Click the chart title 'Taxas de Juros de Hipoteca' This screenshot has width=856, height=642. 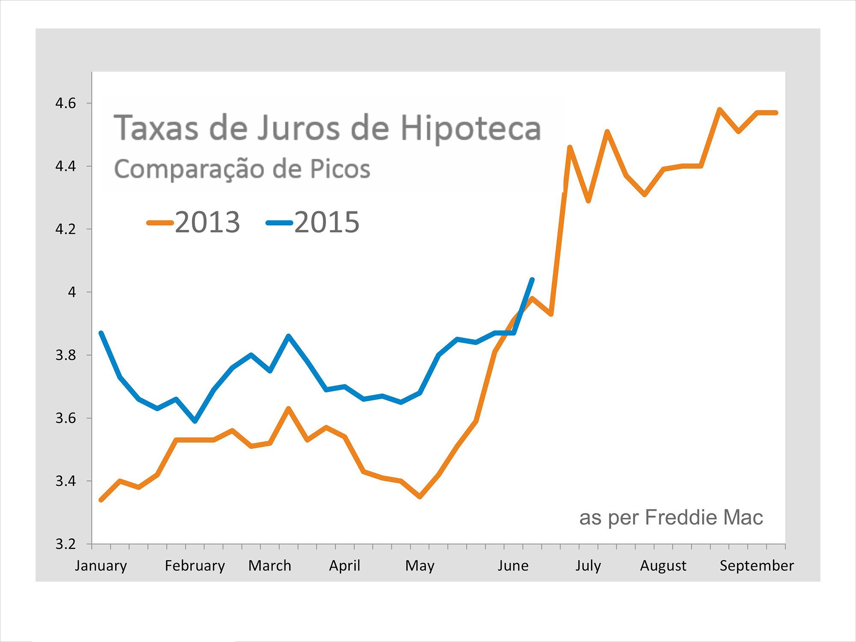(x=327, y=128)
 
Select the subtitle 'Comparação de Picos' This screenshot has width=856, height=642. (x=242, y=169)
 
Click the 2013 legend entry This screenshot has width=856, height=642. (x=193, y=223)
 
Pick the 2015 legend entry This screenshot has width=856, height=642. (x=313, y=223)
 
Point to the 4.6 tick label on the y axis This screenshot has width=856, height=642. (x=65, y=103)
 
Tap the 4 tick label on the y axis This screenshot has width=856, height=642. (x=71, y=292)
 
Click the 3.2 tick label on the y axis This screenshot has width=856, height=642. (x=65, y=544)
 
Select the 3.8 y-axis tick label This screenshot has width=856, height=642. (x=65, y=355)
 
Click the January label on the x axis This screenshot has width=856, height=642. (x=101, y=566)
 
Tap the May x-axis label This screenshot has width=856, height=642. (x=419, y=566)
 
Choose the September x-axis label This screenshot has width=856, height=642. (x=756, y=566)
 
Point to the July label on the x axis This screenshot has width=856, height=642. (x=588, y=566)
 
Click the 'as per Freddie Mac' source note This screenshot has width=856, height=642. (x=671, y=517)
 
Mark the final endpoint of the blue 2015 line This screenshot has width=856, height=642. (x=532, y=279)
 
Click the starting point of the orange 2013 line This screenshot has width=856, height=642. (x=101, y=499)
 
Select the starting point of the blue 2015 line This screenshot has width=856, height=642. (x=101, y=333)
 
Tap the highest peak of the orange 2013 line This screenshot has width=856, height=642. (x=719, y=110)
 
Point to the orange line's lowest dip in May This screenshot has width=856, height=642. (x=420, y=496)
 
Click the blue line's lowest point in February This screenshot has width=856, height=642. (x=195, y=421)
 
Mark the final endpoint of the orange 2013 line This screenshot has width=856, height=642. (x=776, y=113)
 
